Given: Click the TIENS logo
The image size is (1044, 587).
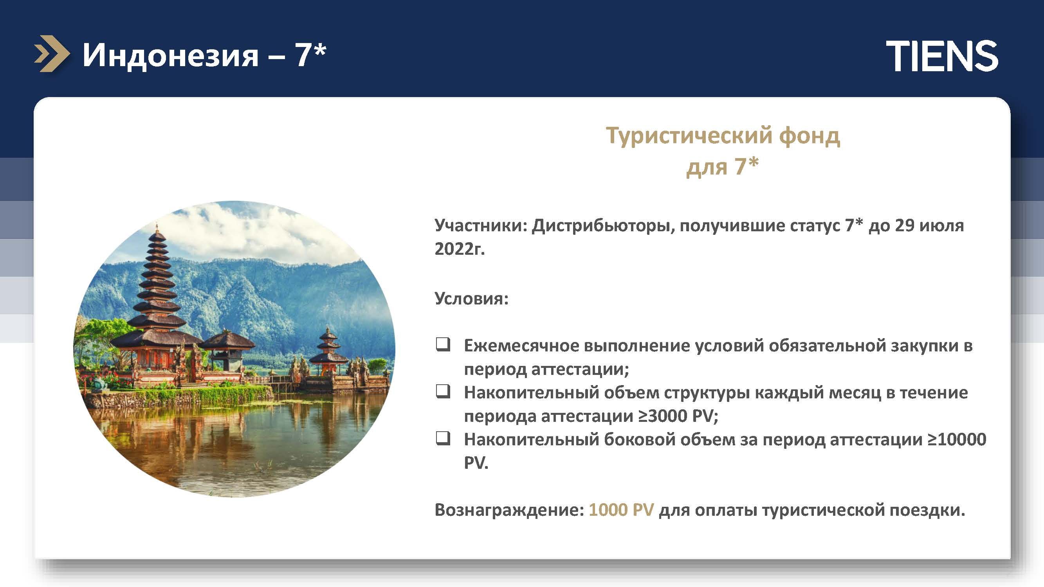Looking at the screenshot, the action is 942,56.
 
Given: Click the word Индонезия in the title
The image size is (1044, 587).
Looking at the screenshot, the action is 170,55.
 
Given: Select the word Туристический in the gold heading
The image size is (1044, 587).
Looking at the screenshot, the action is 689,137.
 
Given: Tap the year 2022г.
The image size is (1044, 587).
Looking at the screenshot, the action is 460,248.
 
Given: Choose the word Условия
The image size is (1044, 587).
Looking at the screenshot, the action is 471,299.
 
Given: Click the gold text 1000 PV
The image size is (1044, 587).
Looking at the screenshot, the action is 621,510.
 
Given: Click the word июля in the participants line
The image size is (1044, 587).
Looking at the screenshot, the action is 941,226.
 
